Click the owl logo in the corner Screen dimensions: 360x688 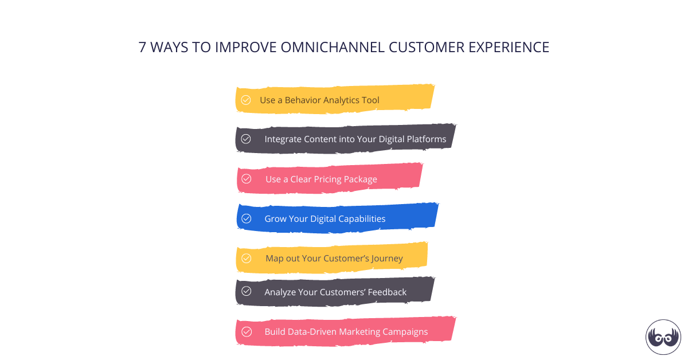pos(663,337)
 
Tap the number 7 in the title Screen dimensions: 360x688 pos(143,48)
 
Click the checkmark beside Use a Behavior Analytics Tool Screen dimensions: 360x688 pos(246,100)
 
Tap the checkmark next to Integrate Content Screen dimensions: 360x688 pos(246,139)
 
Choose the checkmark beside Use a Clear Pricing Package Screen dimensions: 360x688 pos(247,179)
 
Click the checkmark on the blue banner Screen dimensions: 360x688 pos(247,218)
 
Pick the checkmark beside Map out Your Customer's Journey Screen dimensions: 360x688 pos(247,258)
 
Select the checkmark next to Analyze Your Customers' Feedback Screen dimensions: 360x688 pos(246,291)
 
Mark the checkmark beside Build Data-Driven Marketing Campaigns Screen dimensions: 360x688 pos(247,331)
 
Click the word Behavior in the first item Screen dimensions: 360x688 pos(303,100)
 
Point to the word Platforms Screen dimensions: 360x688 pos(425,139)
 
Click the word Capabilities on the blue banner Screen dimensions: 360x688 pos(361,219)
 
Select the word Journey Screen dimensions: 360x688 pos(387,259)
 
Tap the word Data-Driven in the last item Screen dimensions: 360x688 pos(312,332)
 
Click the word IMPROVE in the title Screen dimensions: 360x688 pos(246,48)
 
